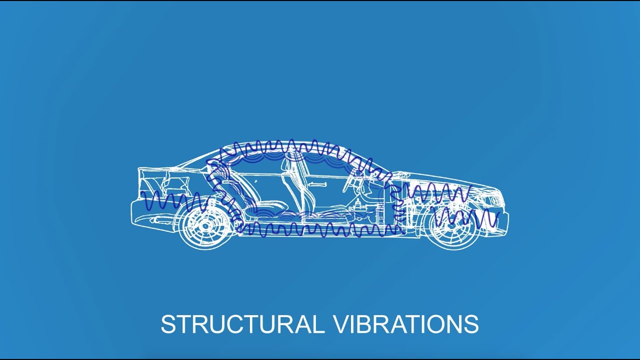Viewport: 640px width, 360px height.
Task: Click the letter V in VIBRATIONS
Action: click(341, 324)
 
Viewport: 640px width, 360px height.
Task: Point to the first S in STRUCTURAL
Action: click(168, 324)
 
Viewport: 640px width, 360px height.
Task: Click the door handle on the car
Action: click(316, 184)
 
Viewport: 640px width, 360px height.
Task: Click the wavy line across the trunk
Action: click(175, 201)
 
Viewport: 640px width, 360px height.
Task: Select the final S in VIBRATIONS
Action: click(471, 324)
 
